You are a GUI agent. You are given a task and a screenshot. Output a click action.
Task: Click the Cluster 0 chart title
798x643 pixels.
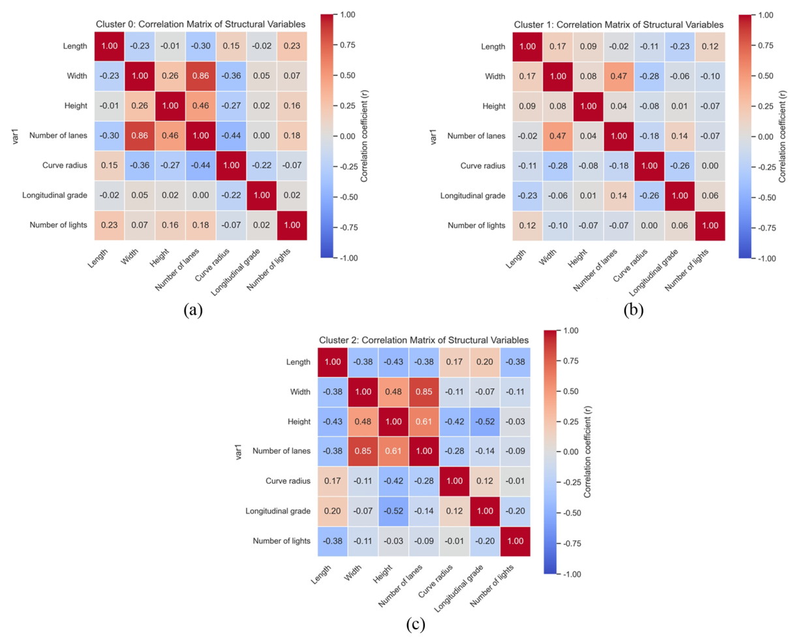click(200, 24)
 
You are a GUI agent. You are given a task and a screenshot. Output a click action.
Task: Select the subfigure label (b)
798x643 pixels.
click(634, 310)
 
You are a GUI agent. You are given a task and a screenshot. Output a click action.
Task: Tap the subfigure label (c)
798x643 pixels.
click(416, 625)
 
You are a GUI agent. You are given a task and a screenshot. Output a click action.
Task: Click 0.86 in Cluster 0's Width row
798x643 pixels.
click(200, 76)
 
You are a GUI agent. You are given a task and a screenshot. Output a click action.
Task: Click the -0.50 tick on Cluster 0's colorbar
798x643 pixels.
click(347, 197)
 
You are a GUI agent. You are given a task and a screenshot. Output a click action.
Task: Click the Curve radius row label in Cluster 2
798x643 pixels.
click(288, 481)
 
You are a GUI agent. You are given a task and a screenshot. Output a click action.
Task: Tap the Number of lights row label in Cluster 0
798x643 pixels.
click(58, 225)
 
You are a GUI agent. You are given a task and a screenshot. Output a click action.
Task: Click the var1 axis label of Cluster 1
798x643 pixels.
click(433, 136)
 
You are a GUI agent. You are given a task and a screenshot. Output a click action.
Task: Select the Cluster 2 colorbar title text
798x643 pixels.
click(587, 452)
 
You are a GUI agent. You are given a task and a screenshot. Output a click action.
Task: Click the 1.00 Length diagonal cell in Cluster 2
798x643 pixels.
click(333, 362)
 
